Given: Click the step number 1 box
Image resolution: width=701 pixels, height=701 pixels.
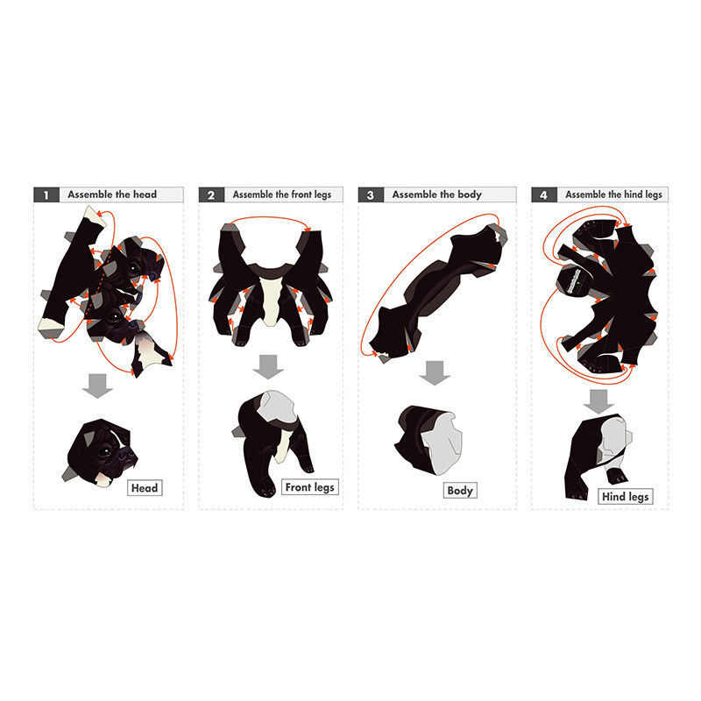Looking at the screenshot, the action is coord(46,195).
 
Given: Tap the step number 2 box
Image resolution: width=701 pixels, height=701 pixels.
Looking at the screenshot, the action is coord(211,195).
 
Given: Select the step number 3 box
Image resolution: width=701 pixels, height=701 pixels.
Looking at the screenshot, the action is coord(371,195).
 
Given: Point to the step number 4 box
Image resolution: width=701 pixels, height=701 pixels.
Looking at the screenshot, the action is coord(543,195).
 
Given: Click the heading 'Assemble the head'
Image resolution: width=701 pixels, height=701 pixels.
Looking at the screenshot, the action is coord(112,195).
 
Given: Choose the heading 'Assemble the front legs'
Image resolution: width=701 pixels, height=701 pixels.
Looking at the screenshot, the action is coord(281,195).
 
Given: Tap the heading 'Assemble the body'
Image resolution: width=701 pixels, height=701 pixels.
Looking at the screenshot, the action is coord(436,195).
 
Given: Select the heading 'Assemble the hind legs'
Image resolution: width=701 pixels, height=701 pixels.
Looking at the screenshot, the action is coord(613,195).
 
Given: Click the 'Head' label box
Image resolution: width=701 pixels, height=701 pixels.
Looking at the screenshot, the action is coord(145,488).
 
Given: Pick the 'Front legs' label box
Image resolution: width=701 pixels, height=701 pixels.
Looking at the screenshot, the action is coord(310,487).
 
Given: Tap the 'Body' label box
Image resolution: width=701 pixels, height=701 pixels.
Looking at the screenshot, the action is coord(460,491).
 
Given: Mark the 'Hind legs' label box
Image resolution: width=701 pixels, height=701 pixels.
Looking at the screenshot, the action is coord(626,497).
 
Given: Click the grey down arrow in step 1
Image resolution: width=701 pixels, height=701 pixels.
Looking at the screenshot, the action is coord(97,386).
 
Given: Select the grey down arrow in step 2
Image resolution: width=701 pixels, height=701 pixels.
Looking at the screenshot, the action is coord(268,366).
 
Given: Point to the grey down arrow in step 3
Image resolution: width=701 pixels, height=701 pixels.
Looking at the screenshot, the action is coord(434,373).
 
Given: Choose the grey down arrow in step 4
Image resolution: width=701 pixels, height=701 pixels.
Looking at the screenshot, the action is coord(598,401).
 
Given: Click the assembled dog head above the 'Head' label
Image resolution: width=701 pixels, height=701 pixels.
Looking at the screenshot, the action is coord(100,453).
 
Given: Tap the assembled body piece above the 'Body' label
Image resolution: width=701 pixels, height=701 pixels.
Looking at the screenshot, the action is coord(428,441).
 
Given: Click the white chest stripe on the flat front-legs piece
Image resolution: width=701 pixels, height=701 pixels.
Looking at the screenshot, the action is coord(272,301).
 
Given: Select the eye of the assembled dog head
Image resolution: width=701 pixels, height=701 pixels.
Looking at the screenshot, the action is coord(106,452).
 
